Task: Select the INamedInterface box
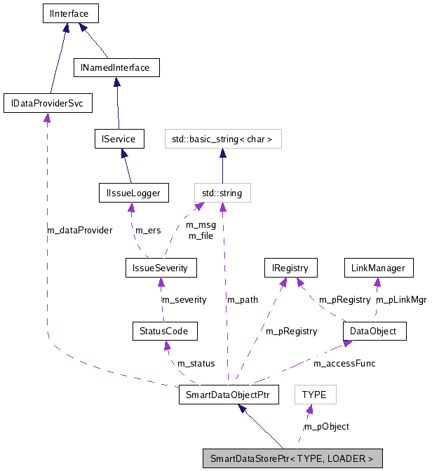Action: tap(116, 67)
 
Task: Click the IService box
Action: tap(119, 138)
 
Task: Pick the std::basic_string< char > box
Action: tap(222, 139)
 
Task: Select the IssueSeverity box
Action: tap(161, 267)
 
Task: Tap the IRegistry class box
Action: tap(290, 267)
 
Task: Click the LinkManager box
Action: tap(377, 267)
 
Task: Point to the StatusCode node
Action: tap(164, 330)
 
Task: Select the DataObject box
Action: tap(374, 330)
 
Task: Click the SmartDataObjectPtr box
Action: tap(229, 395)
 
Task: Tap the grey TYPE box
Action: tap(314, 395)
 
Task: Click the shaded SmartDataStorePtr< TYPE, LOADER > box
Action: tap(292, 459)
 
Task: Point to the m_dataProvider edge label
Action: tap(79, 230)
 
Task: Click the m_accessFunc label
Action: tap(344, 363)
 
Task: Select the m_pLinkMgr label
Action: tap(400, 299)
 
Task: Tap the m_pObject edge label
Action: tap(326, 426)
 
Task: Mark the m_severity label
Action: tap(184, 299)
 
